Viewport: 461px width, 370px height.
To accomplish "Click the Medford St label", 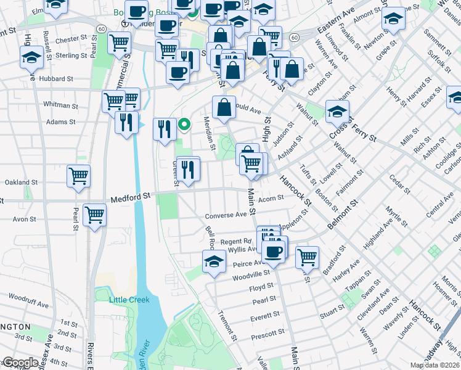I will coord(131,197).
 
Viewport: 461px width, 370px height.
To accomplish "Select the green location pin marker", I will coord(184,125).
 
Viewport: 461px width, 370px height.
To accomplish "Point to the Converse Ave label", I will coord(225,215).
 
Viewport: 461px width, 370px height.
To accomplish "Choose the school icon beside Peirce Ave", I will coord(214,260).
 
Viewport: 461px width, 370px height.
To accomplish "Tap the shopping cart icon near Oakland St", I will coord(79,176).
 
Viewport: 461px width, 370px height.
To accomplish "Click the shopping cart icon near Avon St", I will coord(95,215).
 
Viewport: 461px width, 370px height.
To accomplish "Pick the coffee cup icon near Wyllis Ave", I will coord(272,251).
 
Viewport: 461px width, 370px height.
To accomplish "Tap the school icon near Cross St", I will coord(337,111).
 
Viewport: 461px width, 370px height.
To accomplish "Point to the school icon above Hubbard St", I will coord(30,57).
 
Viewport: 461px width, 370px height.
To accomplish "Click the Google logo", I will coord(20,362).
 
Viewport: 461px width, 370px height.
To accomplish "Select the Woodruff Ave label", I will coord(29,304).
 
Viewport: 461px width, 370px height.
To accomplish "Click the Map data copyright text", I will coord(434,365).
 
